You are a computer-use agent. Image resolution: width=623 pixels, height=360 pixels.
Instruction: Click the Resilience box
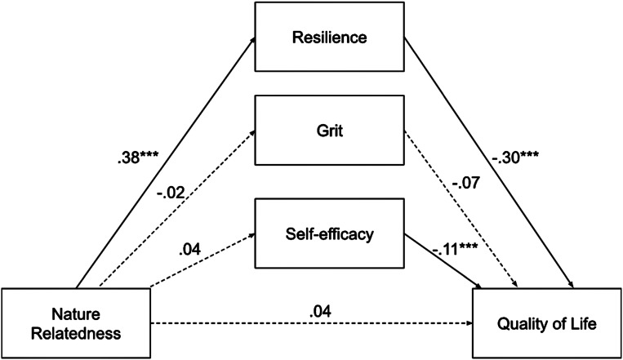click(x=329, y=36)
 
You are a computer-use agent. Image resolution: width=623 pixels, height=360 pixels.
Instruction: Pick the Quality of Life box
click(x=547, y=322)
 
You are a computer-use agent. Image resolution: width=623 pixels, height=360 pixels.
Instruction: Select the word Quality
click(x=518, y=323)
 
